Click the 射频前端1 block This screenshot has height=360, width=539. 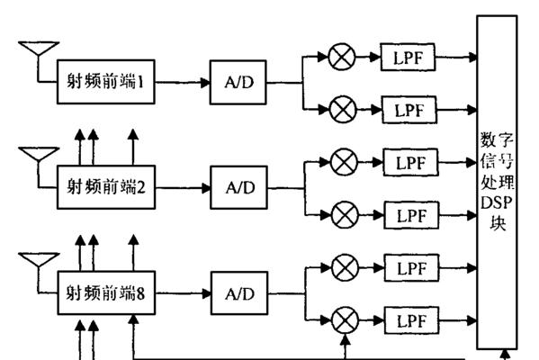pyautogui.click(x=106, y=82)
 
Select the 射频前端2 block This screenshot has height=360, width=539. pyautogui.click(x=106, y=187)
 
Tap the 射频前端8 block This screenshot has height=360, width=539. pyautogui.click(x=106, y=292)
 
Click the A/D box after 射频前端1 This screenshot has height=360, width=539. pyautogui.click(x=238, y=82)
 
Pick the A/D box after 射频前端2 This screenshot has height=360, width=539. pyautogui.click(x=239, y=187)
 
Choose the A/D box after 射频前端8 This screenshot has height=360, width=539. pyautogui.click(x=239, y=293)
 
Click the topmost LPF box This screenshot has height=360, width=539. pyautogui.click(x=408, y=57)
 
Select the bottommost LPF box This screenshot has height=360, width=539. pyautogui.click(x=412, y=320)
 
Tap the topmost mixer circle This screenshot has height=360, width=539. pyautogui.click(x=342, y=57)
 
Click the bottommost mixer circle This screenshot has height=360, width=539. pyautogui.click(x=346, y=320)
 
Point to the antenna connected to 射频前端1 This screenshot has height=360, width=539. pyautogui.click(x=39, y=49)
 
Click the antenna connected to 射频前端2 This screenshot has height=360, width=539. pyautogui.click(x=39, y=154)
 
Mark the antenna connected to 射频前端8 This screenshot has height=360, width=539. pyautogui.click(x=39, y=259)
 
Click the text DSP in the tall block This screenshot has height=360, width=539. pyautogui.click(x=497, y=202)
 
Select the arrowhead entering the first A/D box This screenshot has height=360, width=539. pyautogui.click(x=205, y=83)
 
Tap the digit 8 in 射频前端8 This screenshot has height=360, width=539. pyautogui.click(x=140, y=293)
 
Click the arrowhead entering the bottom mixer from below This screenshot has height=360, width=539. pyautogui.click(x=346, y=339)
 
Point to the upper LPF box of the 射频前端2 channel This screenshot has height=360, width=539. pyautogui.click(x=411, y=162)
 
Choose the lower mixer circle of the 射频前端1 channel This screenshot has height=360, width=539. pyautogui.click(x=343, y=110)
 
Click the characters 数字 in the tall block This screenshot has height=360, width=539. pyautogui.click(x=497, y=140)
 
